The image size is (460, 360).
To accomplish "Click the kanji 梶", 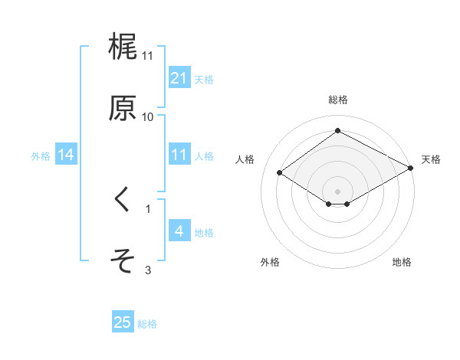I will coord(123,47).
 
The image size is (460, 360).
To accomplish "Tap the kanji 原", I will coord(123,107).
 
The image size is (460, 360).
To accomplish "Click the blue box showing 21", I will coord(179,78).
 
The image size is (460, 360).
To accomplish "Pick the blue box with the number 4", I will coord(179,231).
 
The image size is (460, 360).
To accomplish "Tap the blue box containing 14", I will coord(66,155).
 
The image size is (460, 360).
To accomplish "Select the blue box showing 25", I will coord(123,322).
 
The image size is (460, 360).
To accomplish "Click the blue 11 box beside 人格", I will coord(179,155).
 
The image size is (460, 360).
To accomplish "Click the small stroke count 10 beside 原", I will coord(148,116).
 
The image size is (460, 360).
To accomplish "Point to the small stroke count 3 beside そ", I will coord(148,270).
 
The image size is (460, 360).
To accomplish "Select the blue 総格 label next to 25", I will coord(147,324).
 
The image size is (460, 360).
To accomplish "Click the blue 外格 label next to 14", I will coord(41,155).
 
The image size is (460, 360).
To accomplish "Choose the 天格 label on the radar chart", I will coord(431,159).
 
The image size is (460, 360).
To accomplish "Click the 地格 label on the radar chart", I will coord(402,262).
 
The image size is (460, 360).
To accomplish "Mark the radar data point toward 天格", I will coord(412,169).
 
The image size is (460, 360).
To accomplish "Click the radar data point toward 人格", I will coord(280,173).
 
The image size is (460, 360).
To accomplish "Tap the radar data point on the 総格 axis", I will coord(337,131).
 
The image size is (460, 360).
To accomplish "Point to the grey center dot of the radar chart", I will coord(337,191).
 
